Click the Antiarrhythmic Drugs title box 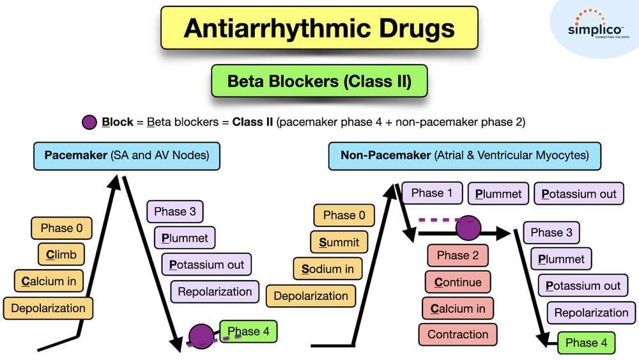(319, 28)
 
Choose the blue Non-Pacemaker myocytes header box (465, 155)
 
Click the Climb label (61, 254)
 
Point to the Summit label (339, 242)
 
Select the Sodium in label (328, 269)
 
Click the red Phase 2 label (458, 256)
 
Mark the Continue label (458, 282)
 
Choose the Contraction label (458, 334)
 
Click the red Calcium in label (458, 309)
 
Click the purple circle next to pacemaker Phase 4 (202, 336)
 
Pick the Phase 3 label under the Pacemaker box (180, 212)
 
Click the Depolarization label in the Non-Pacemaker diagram (311, 296)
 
